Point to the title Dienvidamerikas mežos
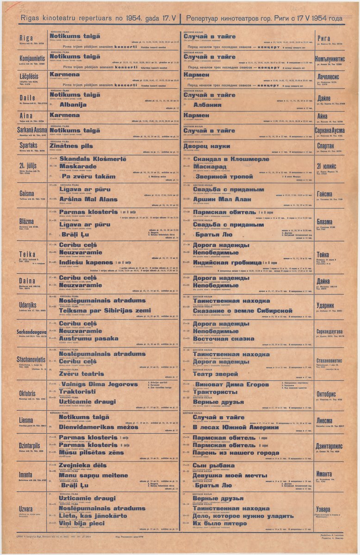tap(99, 427)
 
